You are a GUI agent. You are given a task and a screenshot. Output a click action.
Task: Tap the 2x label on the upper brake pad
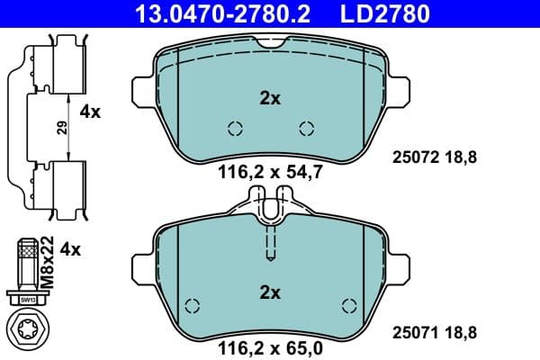point(270,99)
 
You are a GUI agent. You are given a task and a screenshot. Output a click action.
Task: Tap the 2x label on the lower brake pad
point(270,292)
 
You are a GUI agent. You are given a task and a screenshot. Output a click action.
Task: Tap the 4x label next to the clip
point(90,112)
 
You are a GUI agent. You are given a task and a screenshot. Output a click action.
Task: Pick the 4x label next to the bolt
point(70,249)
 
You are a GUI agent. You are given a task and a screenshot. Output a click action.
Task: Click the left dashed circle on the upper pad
point(235,129)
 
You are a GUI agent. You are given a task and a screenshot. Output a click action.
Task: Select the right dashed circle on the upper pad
point(306,129)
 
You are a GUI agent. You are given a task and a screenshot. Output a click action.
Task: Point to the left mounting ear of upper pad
point(139,90)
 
